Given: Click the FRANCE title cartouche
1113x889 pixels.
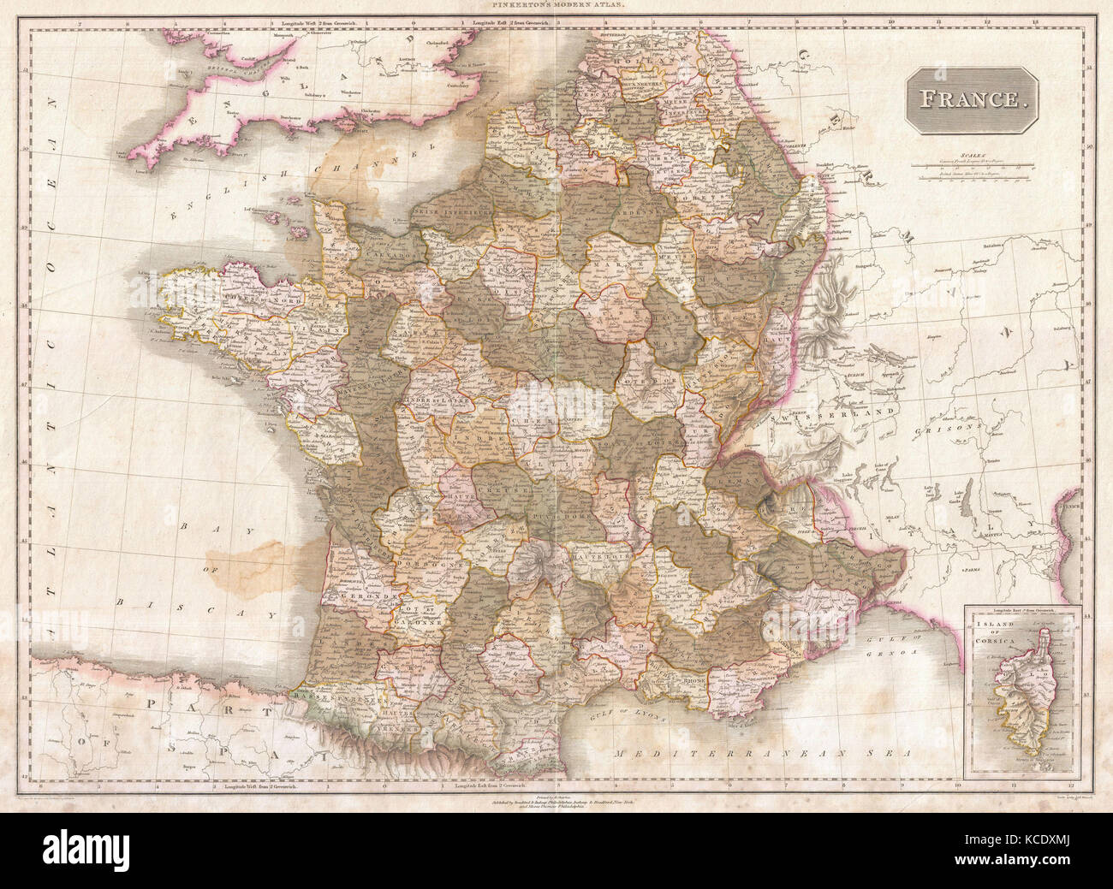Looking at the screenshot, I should click(971, 98).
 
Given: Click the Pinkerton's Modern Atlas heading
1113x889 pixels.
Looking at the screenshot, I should click(556, 5).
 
